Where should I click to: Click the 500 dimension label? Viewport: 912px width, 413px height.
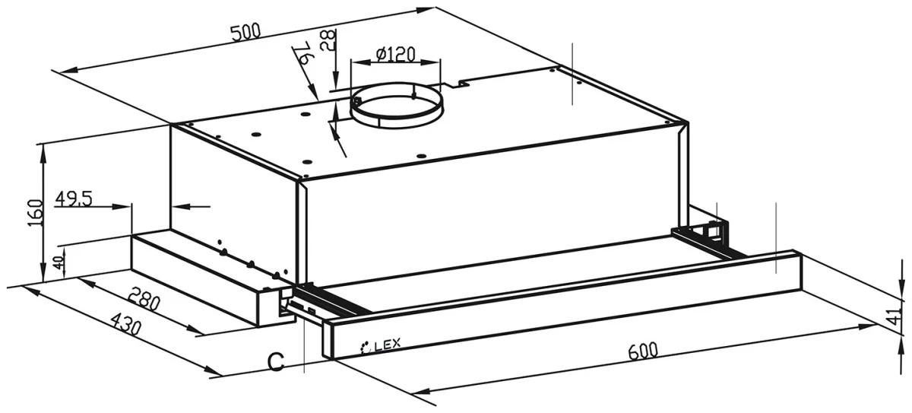click(x=246, y=33)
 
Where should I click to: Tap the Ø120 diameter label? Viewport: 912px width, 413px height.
click(x=395, y=54)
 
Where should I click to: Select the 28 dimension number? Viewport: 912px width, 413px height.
click(x=328, y=40)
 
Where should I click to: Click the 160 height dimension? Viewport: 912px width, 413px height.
click(x=36, y=213)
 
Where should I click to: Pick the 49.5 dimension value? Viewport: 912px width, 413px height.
click(x=74, y=199)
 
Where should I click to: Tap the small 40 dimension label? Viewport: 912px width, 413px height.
click(x=59, y=262)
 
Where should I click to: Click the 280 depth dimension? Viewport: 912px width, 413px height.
click(x=144, y=299)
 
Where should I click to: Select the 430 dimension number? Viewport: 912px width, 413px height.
click(x=126, y=323)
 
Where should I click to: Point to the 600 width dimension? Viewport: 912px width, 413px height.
click(x=643, y=351)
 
